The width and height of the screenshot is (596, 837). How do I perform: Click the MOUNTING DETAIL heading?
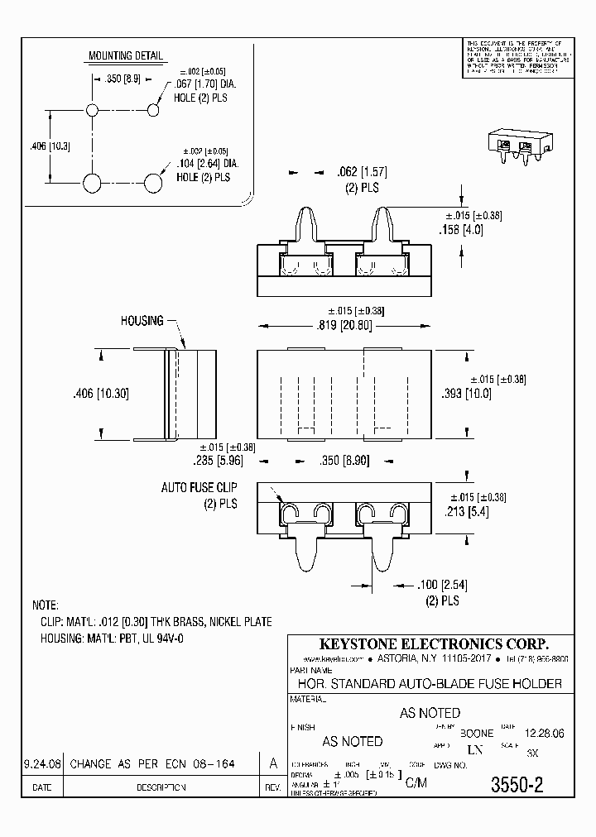126,56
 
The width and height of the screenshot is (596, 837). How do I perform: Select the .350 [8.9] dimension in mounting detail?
123,81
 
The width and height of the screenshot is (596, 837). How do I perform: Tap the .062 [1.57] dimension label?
361,172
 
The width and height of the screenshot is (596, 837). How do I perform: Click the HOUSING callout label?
142,320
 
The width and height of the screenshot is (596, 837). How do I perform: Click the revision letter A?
272,764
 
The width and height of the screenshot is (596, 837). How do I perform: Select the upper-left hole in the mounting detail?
93,110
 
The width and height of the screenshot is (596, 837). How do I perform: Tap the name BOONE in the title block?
476,733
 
